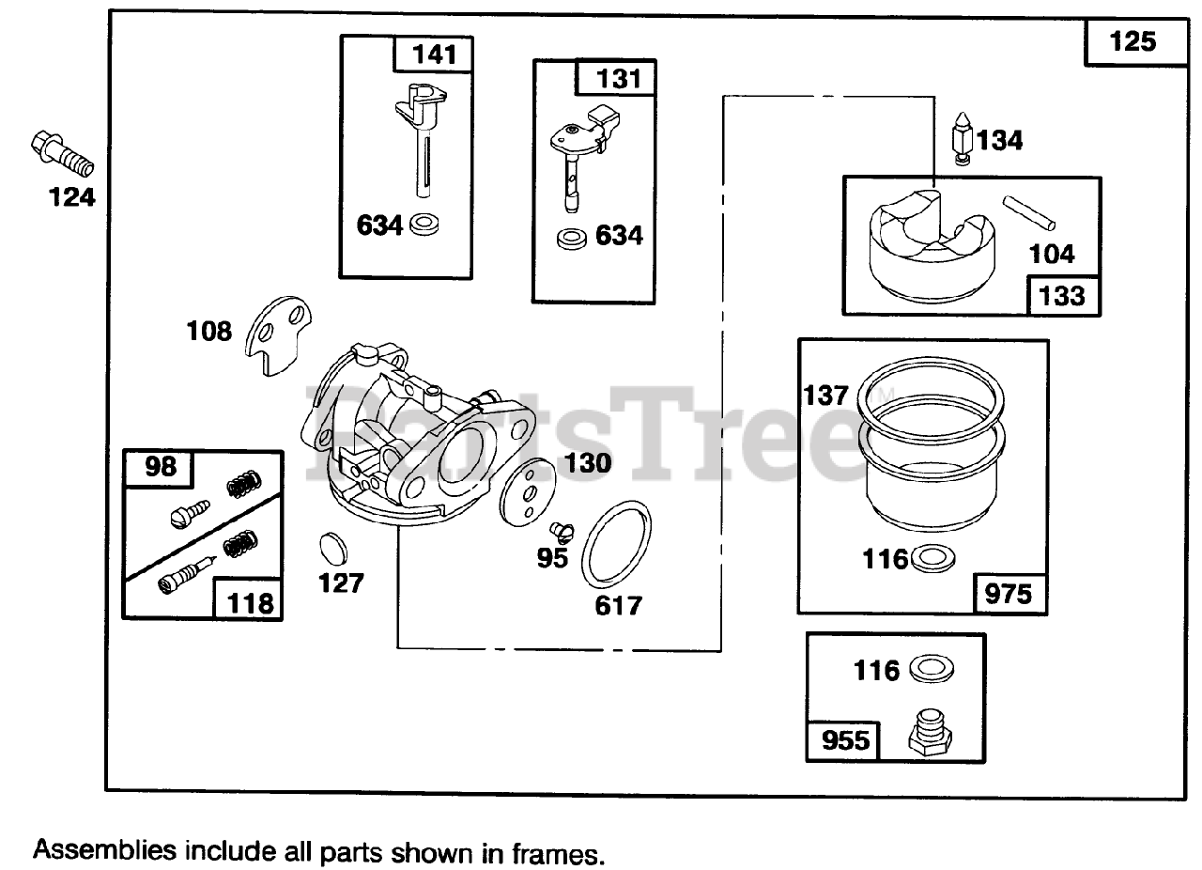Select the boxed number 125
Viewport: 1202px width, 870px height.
(x=1133, y=42)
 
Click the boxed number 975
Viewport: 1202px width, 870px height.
(x=1009, y=593)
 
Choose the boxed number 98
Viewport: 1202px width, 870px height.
(x=160, y=467)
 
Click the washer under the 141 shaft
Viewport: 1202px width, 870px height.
(x=426, y=225)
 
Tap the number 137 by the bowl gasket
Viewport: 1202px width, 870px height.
(x=825, y=396)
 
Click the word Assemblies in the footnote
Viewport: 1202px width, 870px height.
(x=103, y=851)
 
